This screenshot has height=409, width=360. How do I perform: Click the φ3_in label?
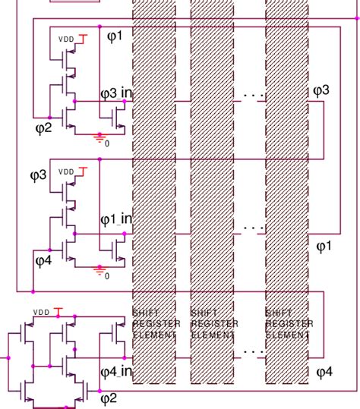(115, 93)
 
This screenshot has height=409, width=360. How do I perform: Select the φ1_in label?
(115, 219)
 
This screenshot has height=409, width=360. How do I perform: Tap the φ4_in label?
(115, 372)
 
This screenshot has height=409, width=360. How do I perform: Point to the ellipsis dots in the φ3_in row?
(253, 96)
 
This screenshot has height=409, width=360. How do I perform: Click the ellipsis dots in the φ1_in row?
(253, 225)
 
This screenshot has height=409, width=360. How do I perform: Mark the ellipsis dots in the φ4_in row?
(253, 351)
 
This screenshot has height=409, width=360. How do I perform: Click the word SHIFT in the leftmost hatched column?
(146, 313)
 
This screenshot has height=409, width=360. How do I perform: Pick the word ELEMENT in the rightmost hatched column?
(288, 334)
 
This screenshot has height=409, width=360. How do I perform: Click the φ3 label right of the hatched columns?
(321, 91)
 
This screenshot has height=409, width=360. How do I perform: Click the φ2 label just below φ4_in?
(109, 398)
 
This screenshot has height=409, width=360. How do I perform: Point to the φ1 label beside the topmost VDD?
(121, 36)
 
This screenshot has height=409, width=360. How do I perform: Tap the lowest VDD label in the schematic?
(40, 311)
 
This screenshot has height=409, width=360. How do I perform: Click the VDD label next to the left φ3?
(67, 172)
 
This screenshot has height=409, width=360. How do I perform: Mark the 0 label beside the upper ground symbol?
(107, 143)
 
